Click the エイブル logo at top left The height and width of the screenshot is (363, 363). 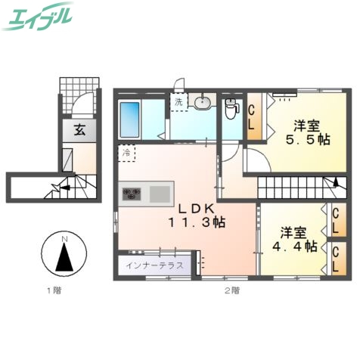point(39,17)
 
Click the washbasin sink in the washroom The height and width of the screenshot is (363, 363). point(203,104)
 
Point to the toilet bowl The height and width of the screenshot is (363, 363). point(231,113)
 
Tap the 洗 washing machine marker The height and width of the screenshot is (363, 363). point(178,102)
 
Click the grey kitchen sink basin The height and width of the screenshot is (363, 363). point(160,194)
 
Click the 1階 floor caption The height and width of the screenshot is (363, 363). point(51,290)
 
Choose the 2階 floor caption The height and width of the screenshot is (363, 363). point(231,290)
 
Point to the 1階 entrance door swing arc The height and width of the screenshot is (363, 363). point(85,102)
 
